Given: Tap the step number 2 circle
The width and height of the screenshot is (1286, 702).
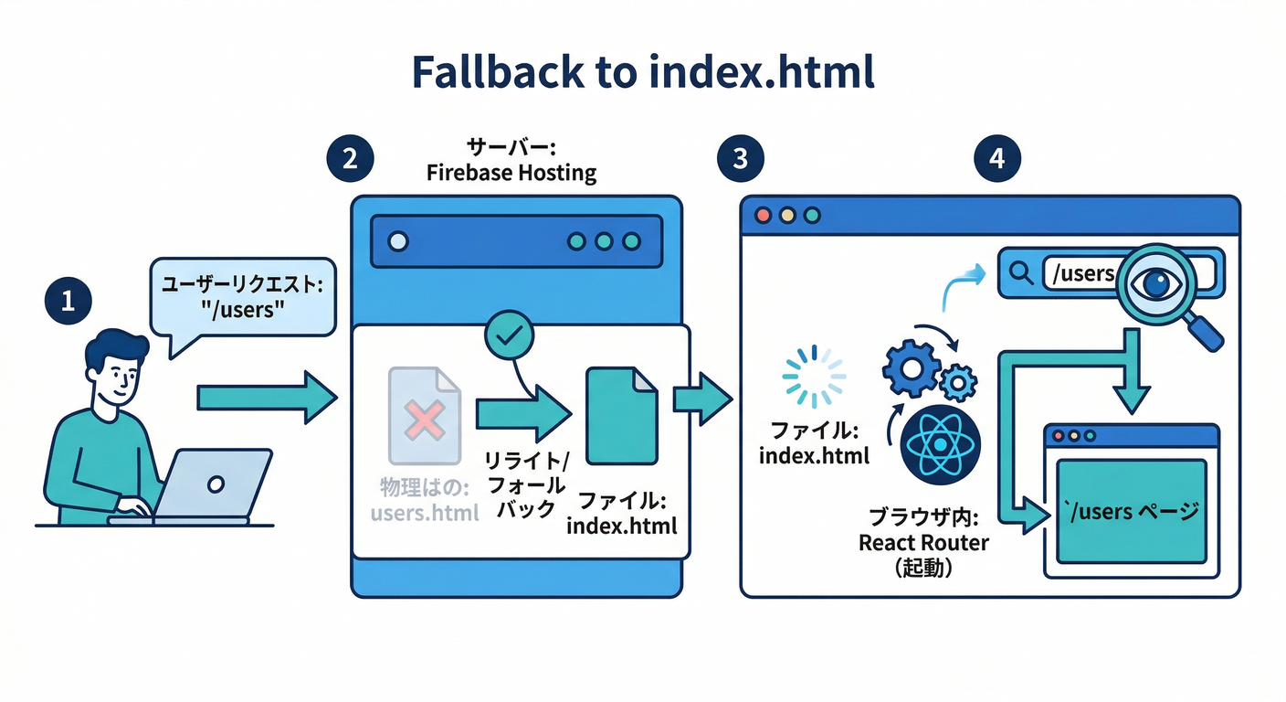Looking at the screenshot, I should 350,158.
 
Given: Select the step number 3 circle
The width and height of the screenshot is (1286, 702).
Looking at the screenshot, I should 740,158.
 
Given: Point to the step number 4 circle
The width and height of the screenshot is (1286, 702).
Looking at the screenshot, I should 996,158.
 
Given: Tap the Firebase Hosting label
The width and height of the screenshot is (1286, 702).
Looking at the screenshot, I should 511,173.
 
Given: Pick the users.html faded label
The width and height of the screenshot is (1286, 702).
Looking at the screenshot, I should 425,512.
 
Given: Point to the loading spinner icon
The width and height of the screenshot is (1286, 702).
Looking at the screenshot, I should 814,375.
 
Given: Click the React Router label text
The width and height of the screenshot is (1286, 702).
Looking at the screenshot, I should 923,543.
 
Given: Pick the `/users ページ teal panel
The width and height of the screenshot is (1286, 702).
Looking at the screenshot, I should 1131,511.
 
